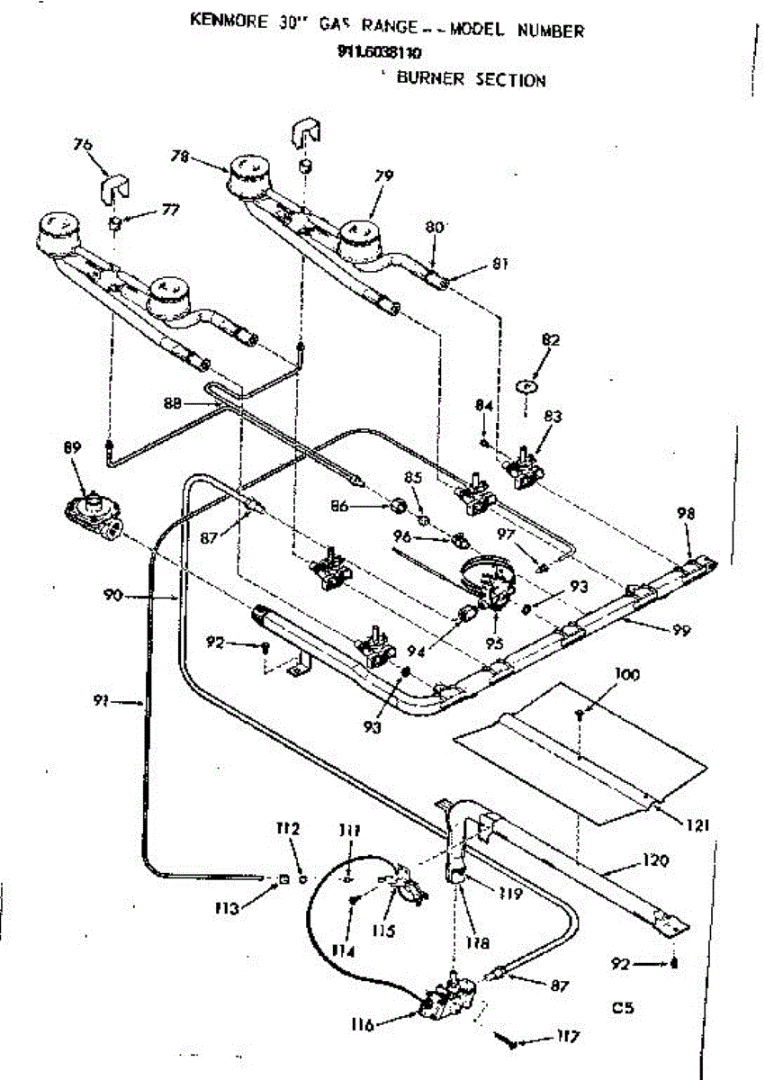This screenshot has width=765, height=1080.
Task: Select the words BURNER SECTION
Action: pos(471,79)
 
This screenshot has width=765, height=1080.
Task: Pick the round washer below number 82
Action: pos(527,384)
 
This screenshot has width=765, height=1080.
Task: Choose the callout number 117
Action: pos(565,1037)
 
